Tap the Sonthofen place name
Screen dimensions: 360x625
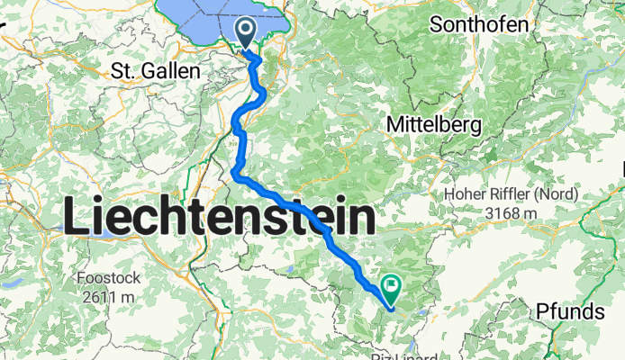(478, 24)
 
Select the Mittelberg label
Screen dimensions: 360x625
(431, 123)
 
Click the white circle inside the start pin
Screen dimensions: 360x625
(246, 29)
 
